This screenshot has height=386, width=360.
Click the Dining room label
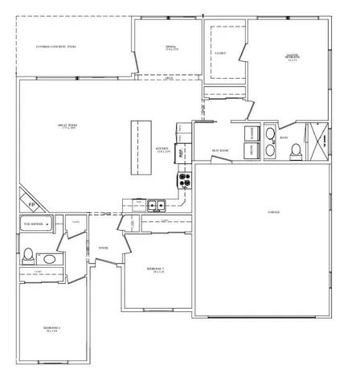pos(170,48)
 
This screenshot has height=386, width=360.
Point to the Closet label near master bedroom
pos(220,54)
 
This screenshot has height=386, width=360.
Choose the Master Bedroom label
pos(292,57)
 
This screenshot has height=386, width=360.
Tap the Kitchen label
pos(162,150)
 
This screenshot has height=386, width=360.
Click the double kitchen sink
pos(156,205)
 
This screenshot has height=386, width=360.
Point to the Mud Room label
pos(220,151)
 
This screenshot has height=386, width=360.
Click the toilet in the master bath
pos(296,149)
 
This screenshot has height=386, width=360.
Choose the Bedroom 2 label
pos(52,329)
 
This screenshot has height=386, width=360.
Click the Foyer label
pos(104,248)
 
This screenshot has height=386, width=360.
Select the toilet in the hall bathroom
pos(28,255)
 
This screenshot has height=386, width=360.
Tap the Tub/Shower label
pos(33,223)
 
